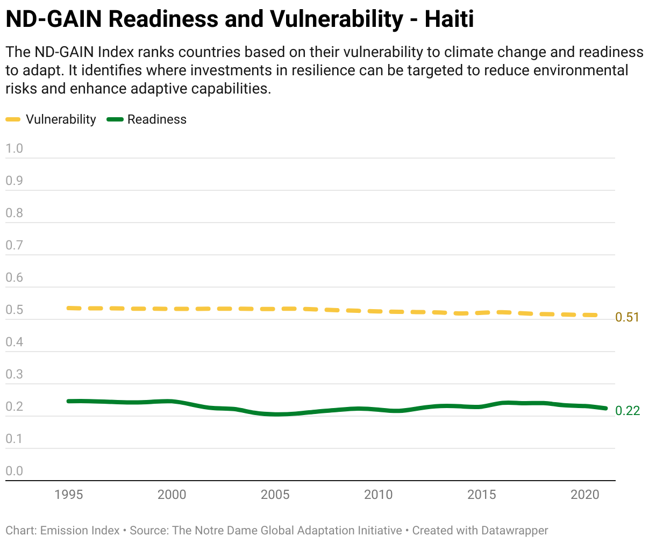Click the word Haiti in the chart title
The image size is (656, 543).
coord(449,19)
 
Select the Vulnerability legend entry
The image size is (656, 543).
coord(61,119)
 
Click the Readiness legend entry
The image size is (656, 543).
coord(156,119)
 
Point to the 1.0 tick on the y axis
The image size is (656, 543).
coord(15,148)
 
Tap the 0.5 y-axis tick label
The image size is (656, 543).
coord(15,310)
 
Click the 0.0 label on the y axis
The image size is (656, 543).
coord(15,471)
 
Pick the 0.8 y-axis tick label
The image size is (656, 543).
coord(15,213)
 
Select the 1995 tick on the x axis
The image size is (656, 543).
coord(69,495)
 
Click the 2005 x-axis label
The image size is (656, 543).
coord(275,495)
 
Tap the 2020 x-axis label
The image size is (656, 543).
coord(584,495)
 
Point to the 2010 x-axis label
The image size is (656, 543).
coord(378,495)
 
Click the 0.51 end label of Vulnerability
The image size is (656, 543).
coord(627,317)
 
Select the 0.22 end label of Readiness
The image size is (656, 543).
coord(628,411)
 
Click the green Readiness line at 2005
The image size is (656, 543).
coord(275,414)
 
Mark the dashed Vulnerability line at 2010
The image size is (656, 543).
coord(379,311)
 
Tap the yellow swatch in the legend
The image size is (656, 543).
coord(13,119)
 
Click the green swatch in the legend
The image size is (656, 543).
coord(115,119)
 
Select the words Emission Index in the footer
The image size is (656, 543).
coord(80,531)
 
